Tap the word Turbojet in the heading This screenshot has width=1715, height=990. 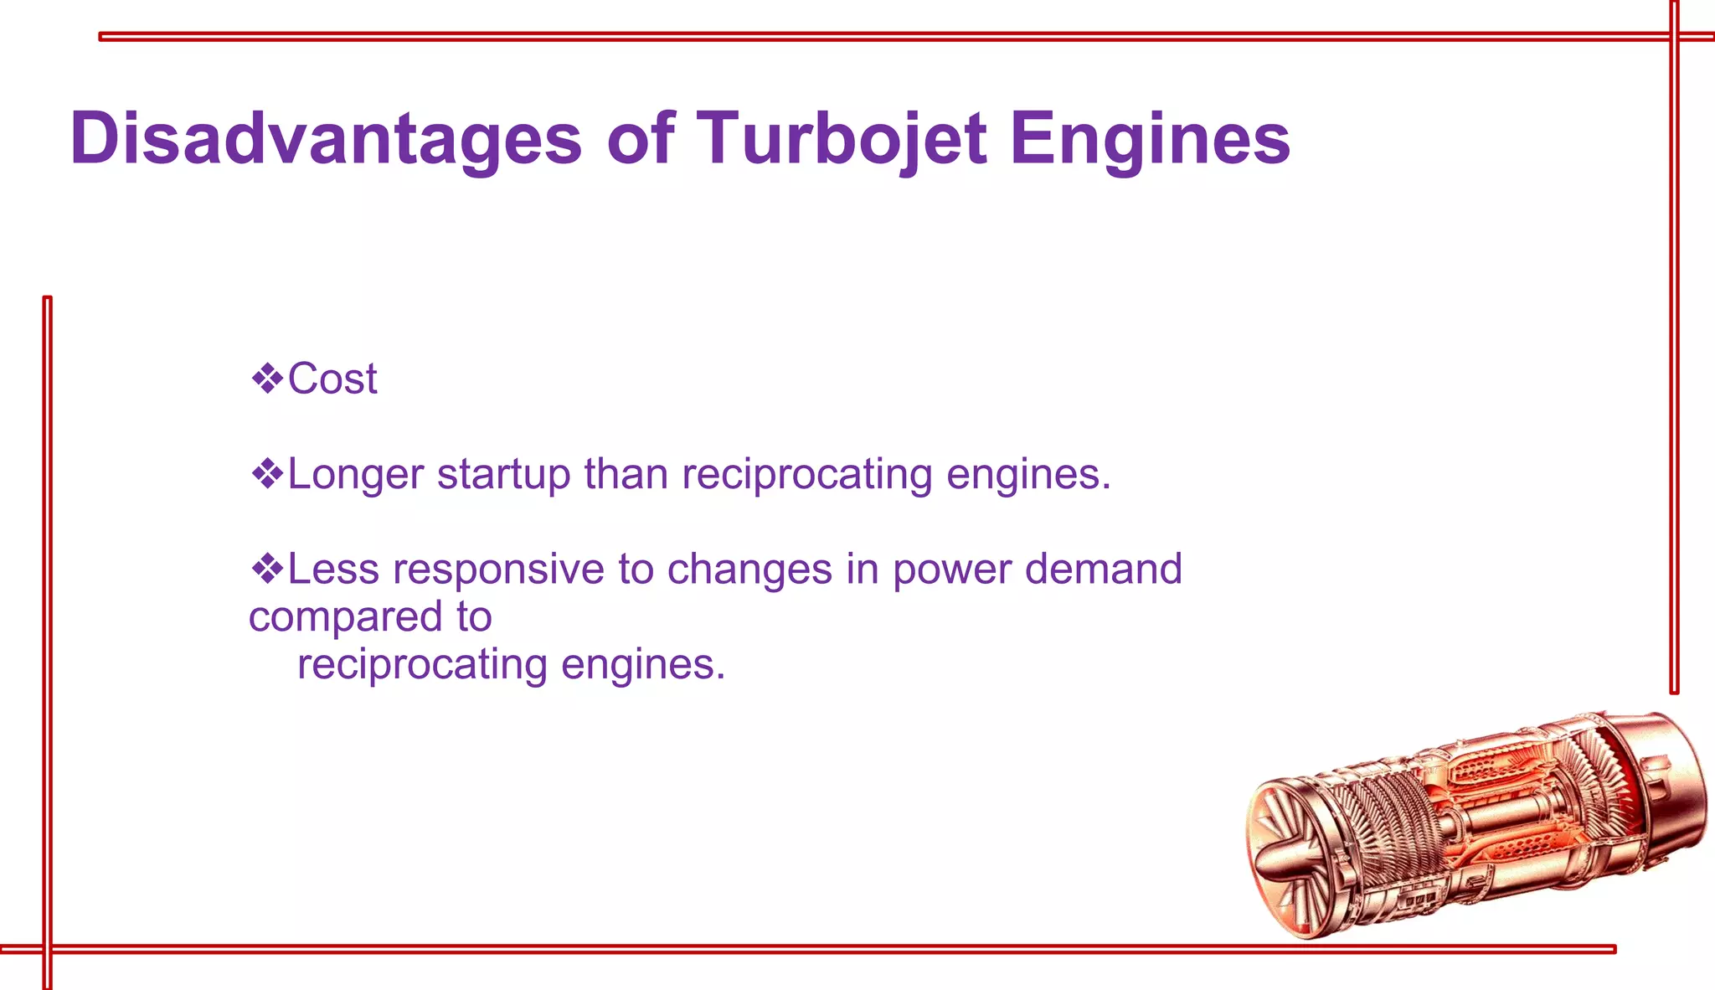[841, 138]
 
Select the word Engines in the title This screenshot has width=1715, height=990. [1150, 138]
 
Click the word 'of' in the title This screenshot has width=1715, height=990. [641, 138]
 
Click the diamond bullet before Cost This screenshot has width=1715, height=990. [267, 379]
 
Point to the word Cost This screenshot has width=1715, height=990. [332, 379]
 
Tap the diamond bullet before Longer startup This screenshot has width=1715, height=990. [267, 474]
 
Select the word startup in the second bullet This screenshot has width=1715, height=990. [503, 474]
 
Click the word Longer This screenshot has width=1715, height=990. [356, 474]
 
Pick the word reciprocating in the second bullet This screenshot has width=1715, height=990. [806, 474]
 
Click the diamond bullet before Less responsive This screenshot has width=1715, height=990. [267, 569]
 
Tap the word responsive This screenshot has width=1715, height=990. [498, 570]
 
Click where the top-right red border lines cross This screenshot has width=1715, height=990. [1674, 36]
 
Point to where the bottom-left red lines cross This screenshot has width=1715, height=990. [48, 949]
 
